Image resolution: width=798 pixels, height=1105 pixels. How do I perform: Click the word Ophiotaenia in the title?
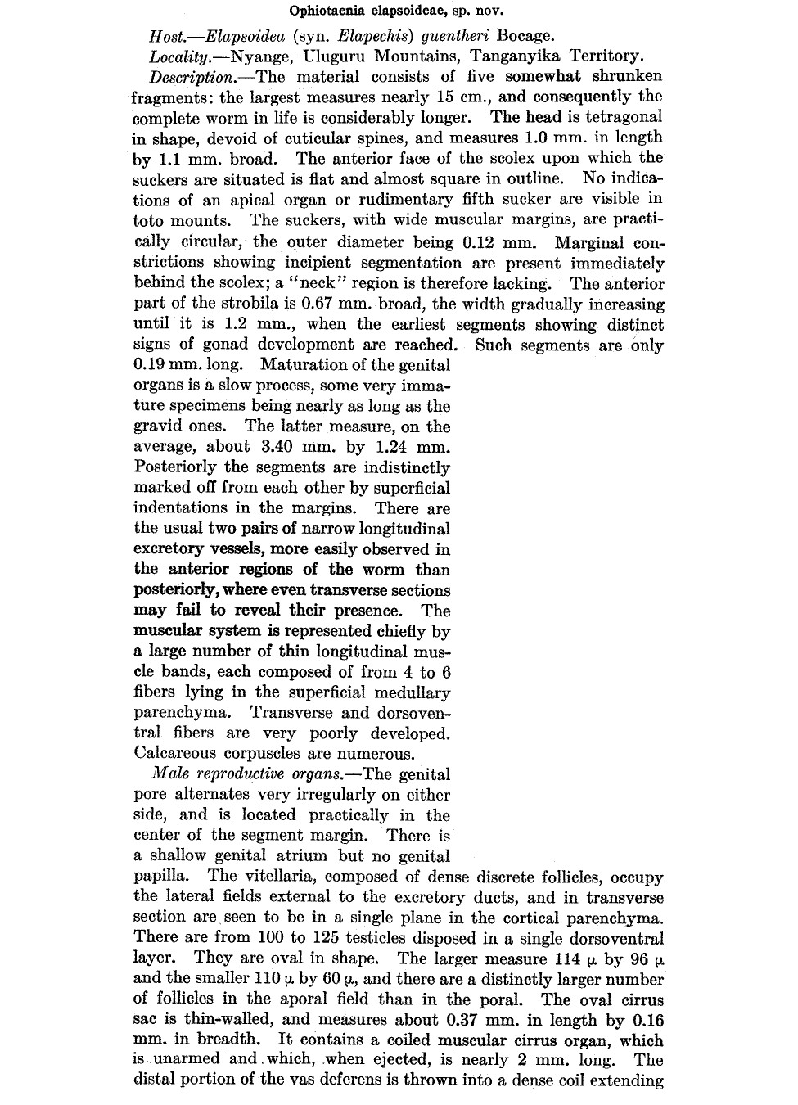tap(325, 11)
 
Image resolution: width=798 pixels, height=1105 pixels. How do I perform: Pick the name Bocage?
tap(525, 36)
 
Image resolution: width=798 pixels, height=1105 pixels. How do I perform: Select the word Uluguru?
tap(333, 56)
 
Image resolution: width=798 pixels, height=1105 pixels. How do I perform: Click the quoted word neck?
tap(357, 284)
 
